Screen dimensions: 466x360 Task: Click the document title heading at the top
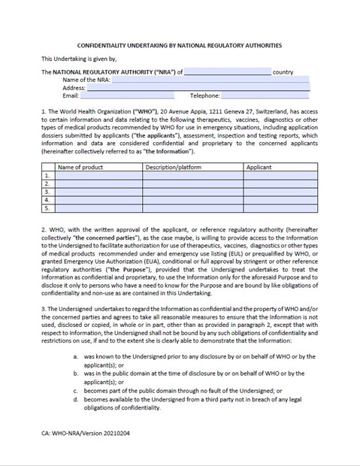180,45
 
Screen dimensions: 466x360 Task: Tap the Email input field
126,96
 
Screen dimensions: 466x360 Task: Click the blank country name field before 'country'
227,72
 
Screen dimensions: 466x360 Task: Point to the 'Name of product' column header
80,167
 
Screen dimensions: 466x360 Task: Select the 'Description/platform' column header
174,167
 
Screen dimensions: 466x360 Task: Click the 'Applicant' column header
259,167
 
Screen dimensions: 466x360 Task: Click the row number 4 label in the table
47,200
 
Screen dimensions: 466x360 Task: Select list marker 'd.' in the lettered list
74,400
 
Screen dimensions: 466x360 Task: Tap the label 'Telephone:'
205,96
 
